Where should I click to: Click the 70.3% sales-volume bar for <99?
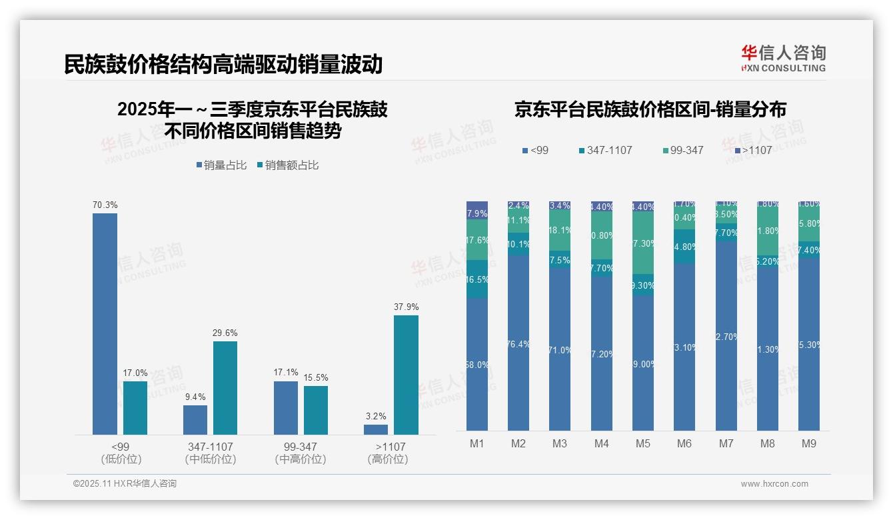105,324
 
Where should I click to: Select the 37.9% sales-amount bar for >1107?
406,375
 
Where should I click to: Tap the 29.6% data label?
225,333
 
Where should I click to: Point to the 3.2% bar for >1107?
376,429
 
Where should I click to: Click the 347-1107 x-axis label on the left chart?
210,447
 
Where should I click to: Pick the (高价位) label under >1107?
387,459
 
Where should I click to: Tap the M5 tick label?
643,443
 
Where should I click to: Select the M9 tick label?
809,443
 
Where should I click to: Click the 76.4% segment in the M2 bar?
518,343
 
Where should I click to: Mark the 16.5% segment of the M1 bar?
477,279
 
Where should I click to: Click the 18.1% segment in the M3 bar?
560,230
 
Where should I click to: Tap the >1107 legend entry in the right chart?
752,151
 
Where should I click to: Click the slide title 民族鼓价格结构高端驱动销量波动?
223,64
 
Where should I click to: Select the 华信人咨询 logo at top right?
783,58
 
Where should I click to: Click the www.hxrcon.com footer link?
774,484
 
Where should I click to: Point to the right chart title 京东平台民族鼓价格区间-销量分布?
650,109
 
